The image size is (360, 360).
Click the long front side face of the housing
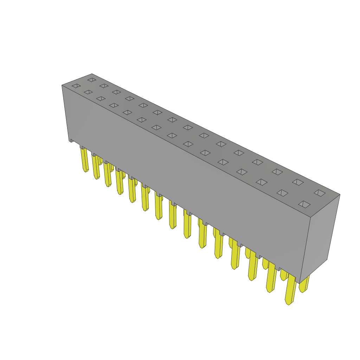[183, 176]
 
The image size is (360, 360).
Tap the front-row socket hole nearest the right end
[304, 204]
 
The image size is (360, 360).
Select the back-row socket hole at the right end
[320, 193]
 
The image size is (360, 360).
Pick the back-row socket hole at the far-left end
[92, 80]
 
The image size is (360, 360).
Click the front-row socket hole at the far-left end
[76, 86]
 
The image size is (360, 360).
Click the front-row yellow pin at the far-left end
[85, 160]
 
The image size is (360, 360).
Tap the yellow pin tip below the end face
[303, 287]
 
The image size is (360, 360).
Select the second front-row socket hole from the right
[282, 193]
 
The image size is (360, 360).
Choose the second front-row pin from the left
[95, 167]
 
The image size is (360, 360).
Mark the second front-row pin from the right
[271, 278]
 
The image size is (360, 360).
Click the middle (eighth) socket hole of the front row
[172, 135]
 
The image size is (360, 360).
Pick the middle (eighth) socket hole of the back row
[188, 127]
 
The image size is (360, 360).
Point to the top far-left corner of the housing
[62, 85]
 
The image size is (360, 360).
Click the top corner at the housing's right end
[340, 194]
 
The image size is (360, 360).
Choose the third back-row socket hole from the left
[116, 92]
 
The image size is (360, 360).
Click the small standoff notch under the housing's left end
[71, 140]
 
